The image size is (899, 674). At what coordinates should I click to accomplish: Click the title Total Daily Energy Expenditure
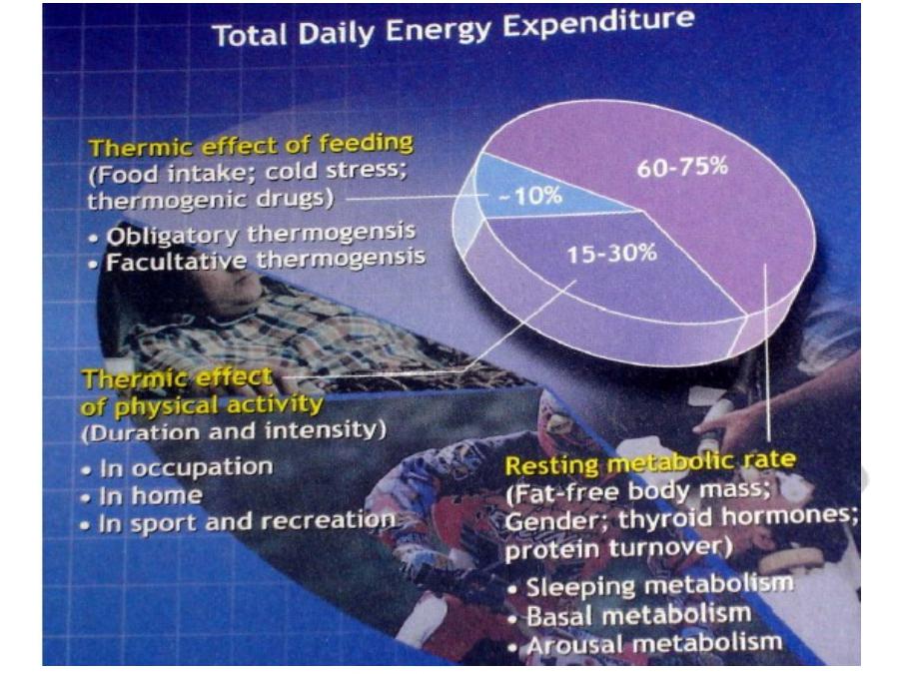coord(452,29)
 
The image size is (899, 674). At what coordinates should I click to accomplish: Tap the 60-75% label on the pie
coord(682,167)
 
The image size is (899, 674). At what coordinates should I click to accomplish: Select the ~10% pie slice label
coord(530,197)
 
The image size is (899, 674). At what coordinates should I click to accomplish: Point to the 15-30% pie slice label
coord(611,253)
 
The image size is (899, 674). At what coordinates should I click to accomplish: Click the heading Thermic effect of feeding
coord(251,145)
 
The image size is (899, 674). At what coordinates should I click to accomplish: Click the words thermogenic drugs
coord(211,201)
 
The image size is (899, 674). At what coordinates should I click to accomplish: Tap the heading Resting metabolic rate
coord(650,462)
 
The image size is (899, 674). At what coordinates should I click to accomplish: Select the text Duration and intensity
coord(234,430)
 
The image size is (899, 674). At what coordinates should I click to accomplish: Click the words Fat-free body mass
coord(637,492)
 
